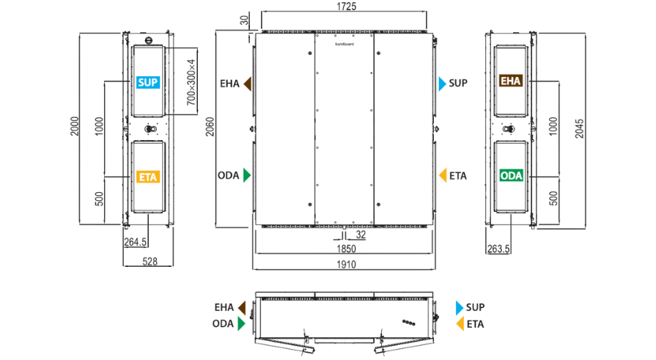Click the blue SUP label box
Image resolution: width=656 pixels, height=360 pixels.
click(x=147, y=82)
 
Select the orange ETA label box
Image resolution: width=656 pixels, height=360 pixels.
click(x=147, y=177)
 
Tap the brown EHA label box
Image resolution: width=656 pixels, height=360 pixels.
click(x=511, y=81)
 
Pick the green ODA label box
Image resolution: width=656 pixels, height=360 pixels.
click(x=512, y=175)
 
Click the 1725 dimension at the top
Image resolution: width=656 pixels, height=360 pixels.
click(x=346, y=7)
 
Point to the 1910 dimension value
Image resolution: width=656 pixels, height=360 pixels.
click(x=346, y=265)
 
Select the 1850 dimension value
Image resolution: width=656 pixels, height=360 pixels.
click(x=346, y=249)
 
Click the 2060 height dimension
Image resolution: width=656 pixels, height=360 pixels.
click(x=210, y=126)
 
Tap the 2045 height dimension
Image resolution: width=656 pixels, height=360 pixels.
click(x=579, y=128)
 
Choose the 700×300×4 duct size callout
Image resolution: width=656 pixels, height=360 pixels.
click(x=191, y=82)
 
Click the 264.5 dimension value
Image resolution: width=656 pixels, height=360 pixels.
click(x=135, y=242)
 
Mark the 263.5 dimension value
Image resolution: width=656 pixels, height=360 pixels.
click(x=498, y=249)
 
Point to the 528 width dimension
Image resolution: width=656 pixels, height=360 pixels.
click(x=150, y=262)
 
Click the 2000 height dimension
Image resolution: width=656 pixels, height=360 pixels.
click(x=75, y=126)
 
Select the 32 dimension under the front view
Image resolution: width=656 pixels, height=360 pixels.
click(x=361, y=235)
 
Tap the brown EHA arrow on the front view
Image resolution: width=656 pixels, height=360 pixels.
click(x=247, y=84)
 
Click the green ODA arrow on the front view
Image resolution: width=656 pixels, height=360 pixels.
click(x=247, y=175)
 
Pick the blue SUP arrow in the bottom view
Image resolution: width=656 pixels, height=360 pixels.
click(x=460, y=308)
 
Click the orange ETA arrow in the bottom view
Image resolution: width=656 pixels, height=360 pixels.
click(x=460, y=324)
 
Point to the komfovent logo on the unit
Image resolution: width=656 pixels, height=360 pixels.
click(x=344, y=44)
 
